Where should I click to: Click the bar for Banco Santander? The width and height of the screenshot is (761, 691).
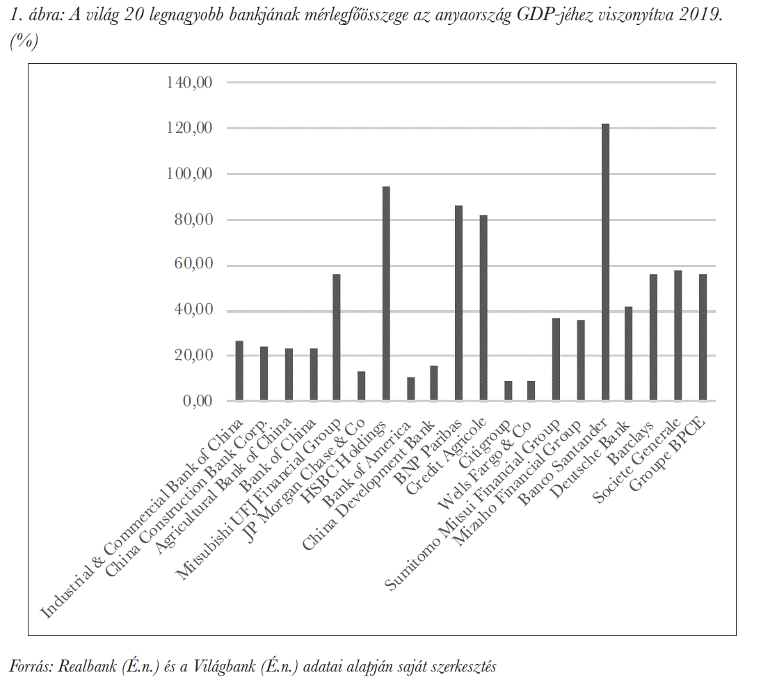point(605,262)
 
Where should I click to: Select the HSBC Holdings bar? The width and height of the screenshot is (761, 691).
point(386,293)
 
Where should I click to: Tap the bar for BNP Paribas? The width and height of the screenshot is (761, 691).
point(459,303)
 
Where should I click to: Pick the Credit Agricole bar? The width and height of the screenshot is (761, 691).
point(483,308)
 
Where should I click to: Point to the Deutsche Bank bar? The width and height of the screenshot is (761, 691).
point(630,353)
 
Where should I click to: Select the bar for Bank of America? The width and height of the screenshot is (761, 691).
point(410,389)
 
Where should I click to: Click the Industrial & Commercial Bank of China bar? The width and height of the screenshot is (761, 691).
point(239,371)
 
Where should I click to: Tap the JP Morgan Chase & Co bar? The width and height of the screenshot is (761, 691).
point(361,386)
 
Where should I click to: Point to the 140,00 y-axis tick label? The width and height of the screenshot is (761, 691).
point(189,83)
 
